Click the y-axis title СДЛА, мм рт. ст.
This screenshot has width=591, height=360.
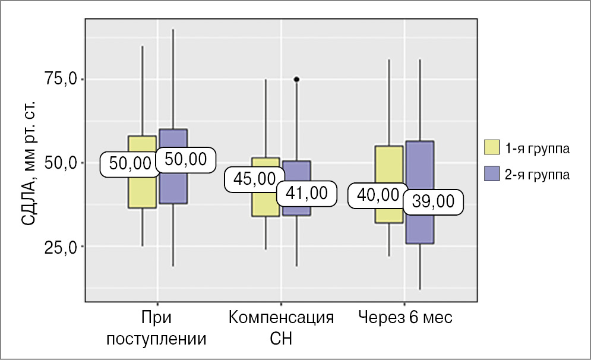tap(29, 162)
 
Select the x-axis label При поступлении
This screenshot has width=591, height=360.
tap(157, 328)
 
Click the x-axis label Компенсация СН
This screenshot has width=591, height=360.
tap(281, 328)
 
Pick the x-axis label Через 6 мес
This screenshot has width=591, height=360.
tap(405, 318)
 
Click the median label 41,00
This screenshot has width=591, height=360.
tap(302, 192)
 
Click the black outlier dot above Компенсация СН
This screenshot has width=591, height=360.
tap(296, 79)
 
